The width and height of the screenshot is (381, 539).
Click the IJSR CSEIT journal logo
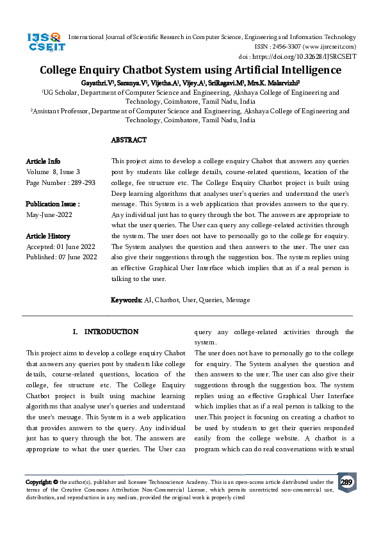coord(44,42)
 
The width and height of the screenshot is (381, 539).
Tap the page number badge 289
coord(346,483)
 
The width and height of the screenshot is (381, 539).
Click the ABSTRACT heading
coord(129,140)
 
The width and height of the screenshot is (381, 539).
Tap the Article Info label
coord(44,161)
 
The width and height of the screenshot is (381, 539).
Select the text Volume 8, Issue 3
coord(53,172)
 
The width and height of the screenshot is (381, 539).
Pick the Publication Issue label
coord(53,204)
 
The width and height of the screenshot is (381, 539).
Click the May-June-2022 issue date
coord(49,215)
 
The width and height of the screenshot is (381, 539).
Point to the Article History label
coord(48,236)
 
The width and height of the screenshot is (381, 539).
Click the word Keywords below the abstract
coord(126,300)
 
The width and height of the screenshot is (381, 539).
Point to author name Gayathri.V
coord(97,83)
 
